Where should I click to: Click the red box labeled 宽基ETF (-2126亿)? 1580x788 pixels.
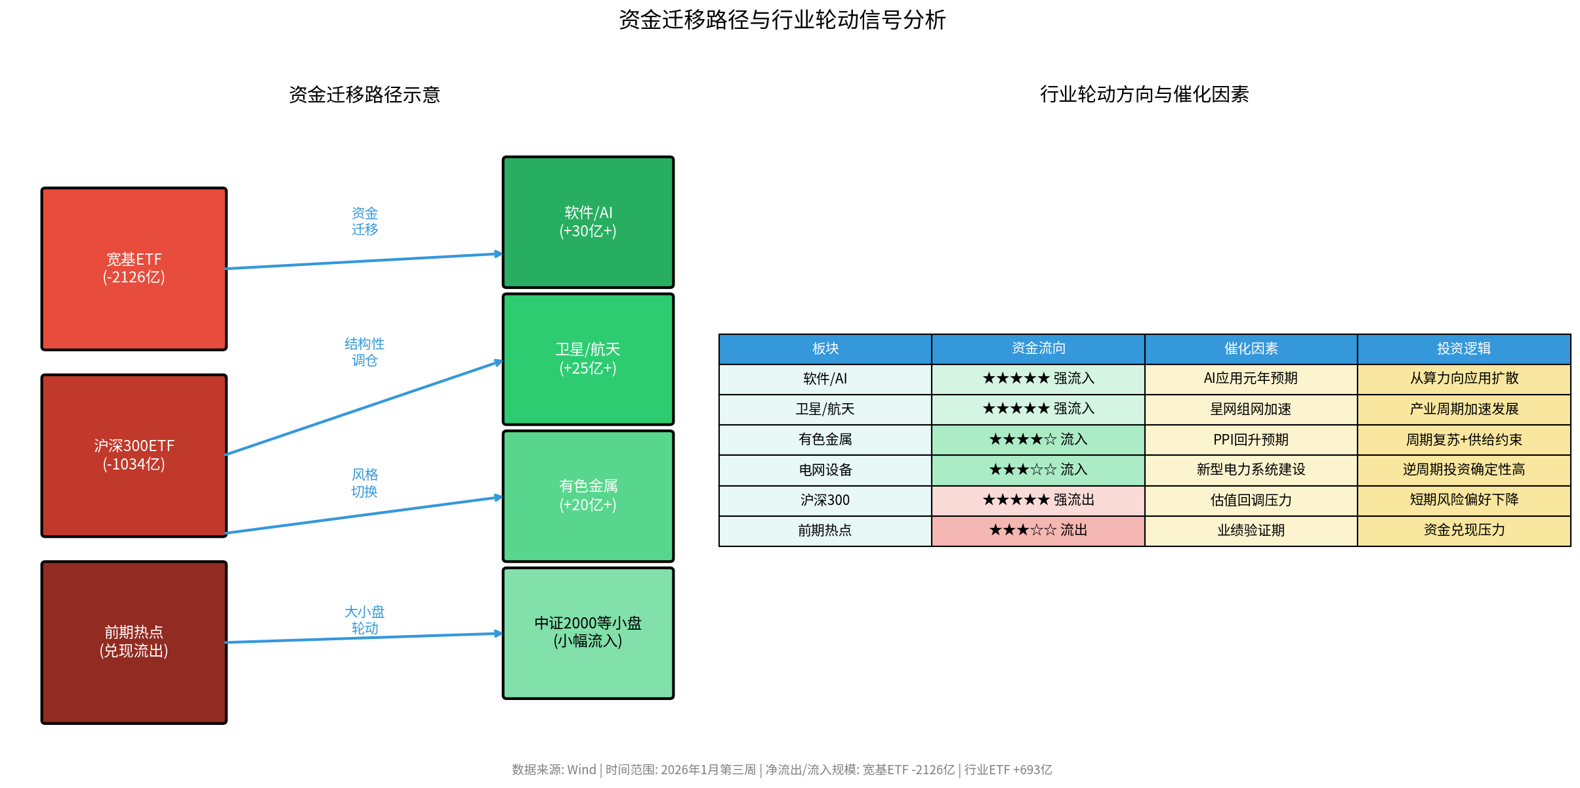point(134,269)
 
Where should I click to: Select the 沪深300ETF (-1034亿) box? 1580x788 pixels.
point(134,455)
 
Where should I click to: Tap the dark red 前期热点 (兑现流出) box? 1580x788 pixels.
point(134,642)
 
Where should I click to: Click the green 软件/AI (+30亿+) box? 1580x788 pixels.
point(588,222)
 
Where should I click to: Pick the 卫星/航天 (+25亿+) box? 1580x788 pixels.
point(588,359)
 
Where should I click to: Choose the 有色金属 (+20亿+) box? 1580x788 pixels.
point(588,496)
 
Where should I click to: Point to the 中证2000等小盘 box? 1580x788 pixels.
point(588,632)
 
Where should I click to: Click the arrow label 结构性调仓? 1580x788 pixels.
point(364,352)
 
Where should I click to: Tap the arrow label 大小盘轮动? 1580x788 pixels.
point(364,620)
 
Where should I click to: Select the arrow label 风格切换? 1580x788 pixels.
point(364,483)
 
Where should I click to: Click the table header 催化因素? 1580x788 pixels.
point(1251,349)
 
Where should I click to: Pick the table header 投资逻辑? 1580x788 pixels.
point(1463,349)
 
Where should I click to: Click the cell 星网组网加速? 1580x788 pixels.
point(1251,409)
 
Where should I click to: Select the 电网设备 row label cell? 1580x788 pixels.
point(825,470)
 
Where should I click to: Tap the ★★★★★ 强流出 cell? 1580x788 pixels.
point(1038,500)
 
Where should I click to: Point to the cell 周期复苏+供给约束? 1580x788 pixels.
point(1463,439)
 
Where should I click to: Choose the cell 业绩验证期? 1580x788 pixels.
point(1251,530)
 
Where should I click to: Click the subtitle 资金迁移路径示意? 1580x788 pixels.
point(364,95)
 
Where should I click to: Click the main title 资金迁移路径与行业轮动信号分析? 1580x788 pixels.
point(782,20)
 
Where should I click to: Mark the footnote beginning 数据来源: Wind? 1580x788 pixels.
point(781,770)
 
